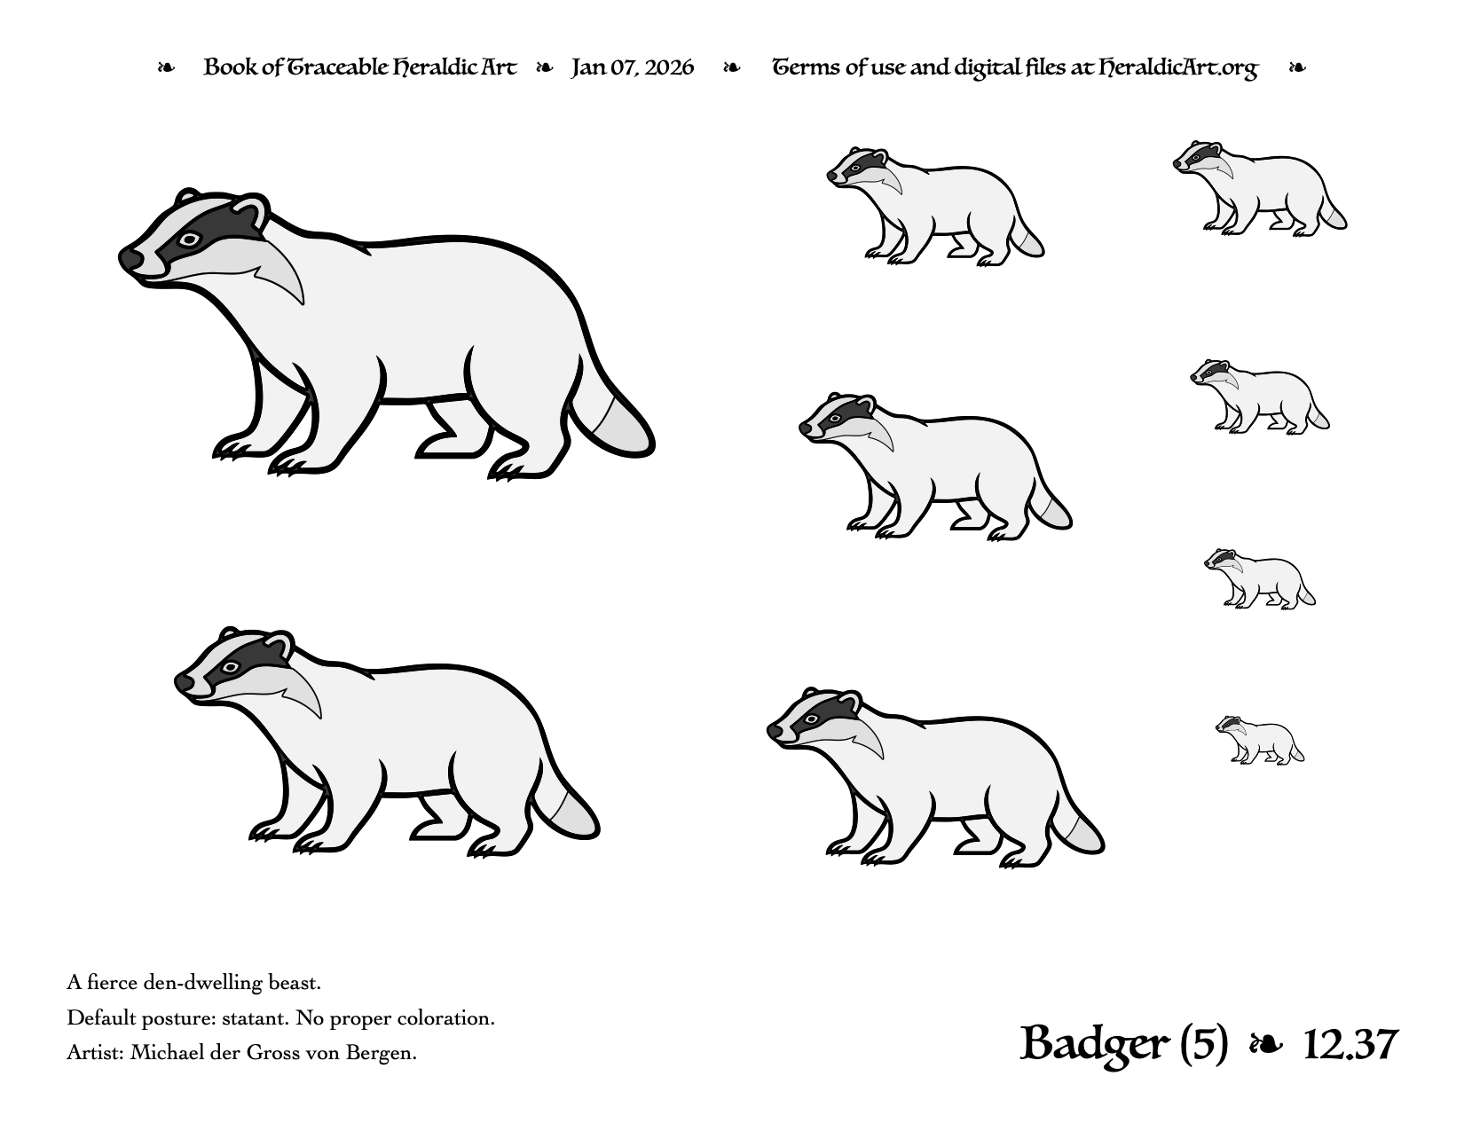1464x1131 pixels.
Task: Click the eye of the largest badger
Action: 190,240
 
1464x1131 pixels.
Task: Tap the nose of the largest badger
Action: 130,259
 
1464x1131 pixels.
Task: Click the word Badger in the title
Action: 1096,1045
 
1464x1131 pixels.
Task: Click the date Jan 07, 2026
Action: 632,67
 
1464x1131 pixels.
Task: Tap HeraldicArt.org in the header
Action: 1177,67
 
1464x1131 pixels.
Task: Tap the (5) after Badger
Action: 1203,1045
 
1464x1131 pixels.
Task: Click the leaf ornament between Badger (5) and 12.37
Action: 1265,1046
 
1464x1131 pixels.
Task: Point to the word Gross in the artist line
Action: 270,1053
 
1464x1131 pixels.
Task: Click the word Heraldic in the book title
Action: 435,67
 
